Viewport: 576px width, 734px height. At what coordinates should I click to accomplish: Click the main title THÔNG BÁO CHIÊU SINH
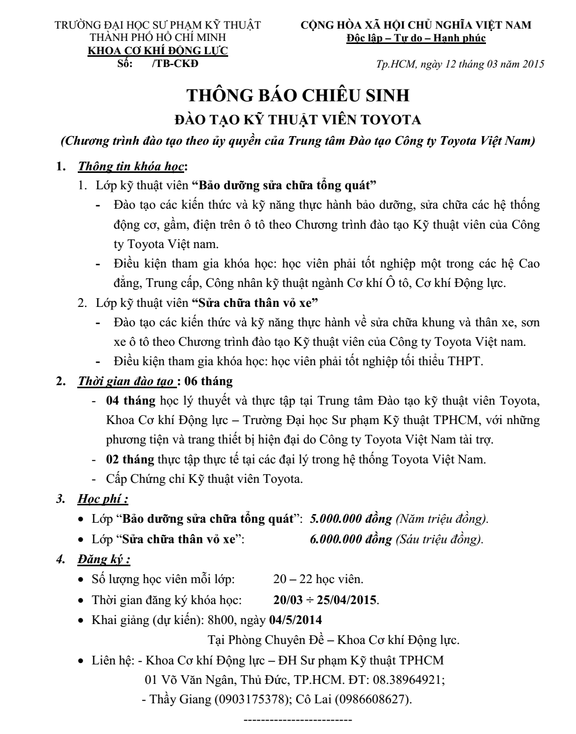click(298, 96)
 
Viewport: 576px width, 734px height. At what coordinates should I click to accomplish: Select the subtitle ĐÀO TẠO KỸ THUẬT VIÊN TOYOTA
click(298, 120)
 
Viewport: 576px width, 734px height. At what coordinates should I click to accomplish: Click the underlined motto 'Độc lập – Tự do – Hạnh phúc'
click(416, 38)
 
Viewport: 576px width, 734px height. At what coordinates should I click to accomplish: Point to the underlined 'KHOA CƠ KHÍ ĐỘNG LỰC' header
click(159, 51)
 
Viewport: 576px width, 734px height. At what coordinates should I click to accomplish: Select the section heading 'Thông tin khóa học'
click(130, 167)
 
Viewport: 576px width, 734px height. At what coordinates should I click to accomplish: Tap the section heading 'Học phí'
click(103, 499)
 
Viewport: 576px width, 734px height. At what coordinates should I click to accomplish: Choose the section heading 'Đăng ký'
click(104, 560)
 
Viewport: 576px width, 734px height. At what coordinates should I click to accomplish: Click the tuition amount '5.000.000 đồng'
click(351, 519)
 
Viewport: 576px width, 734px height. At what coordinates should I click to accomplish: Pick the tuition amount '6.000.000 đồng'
click(351, 539)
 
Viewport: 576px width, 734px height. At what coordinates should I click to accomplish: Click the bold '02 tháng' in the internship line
click(130, 459)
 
